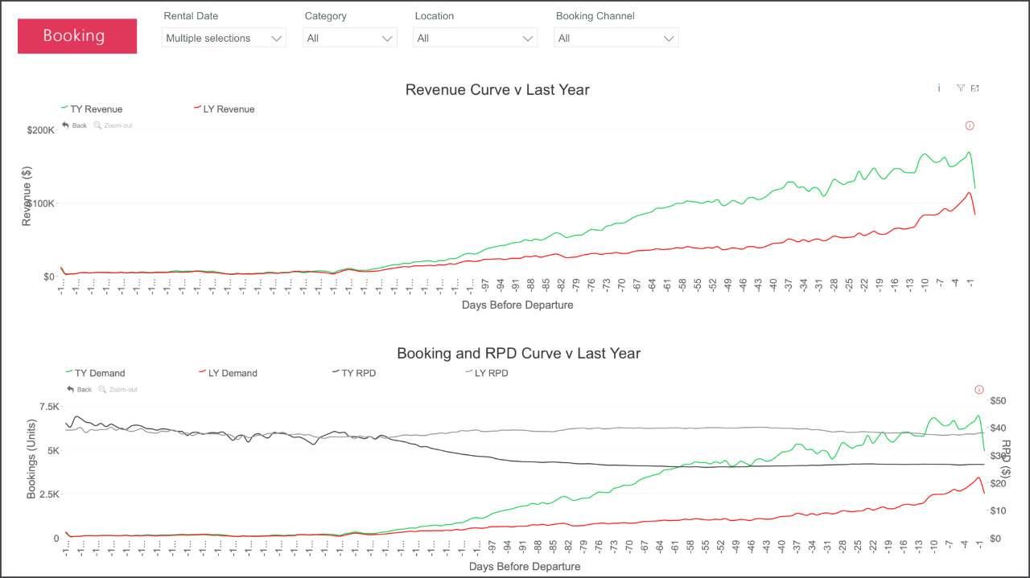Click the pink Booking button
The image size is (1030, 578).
point(76,36)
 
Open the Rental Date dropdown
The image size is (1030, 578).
point(224,38)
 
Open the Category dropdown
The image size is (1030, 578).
point(349,38)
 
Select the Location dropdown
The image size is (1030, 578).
point(475,38)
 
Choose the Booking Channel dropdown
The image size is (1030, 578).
point(616,38)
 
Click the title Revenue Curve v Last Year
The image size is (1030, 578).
point(497,89)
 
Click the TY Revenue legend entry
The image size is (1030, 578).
point(96,109)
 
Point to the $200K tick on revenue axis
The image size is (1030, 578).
point(40,129)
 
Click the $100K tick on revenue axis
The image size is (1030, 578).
point(40,203)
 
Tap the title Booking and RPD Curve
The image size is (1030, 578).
point(518,353)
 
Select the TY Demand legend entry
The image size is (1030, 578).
point(99,373)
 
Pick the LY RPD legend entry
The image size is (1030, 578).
point(491,373)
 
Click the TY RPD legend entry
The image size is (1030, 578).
point(358,373)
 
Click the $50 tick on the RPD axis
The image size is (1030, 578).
point(999,400)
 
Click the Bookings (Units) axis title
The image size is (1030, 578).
point(32,458)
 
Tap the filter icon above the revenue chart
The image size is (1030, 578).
point(960,88)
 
